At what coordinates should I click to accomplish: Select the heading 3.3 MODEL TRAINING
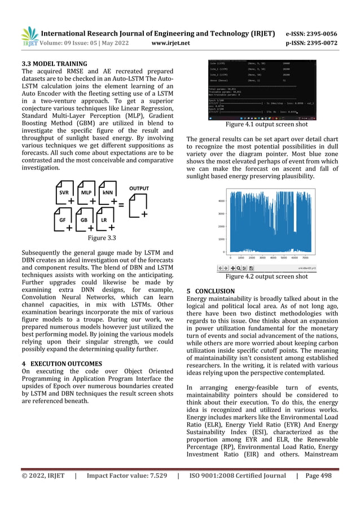tap(53, 63)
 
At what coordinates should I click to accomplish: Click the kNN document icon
tap(107, 193)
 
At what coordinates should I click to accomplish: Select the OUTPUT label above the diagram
tap(139, 188)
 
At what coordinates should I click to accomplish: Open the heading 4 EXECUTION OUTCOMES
tap(62, 363)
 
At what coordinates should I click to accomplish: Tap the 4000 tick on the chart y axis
tap(221, 200)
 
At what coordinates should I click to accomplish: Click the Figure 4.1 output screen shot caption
tap(266, 124)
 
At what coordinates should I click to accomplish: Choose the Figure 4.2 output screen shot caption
tap(266, 277)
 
